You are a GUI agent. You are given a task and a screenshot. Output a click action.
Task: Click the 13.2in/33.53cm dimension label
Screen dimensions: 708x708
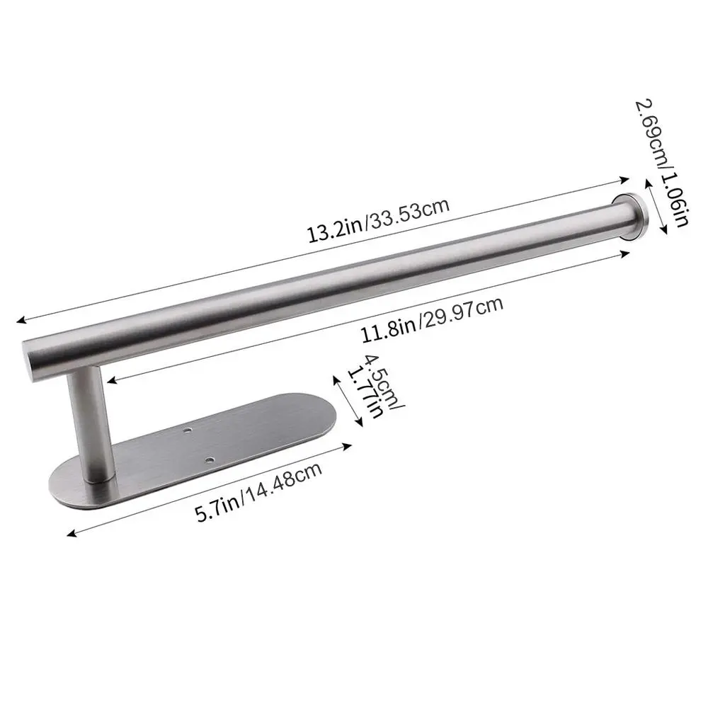tap(378, 220)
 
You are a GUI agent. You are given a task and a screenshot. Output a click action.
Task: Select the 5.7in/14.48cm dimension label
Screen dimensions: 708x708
tap(258, 492)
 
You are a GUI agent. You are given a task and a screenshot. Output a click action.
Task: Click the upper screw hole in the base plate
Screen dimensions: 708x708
tap(187, 431)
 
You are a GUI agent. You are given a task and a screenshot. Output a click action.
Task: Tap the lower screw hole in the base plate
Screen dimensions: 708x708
tap(209, 461)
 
